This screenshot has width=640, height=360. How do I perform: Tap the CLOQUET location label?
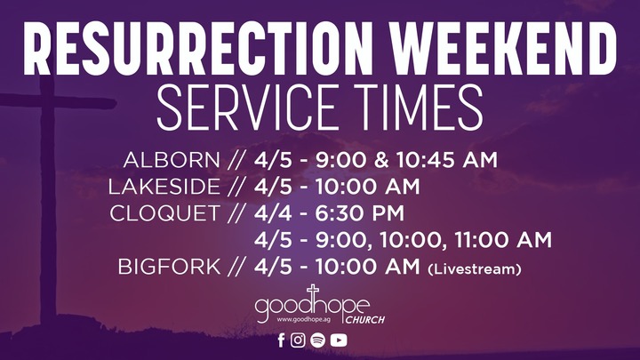point(166,214)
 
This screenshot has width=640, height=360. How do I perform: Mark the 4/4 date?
point(270,214)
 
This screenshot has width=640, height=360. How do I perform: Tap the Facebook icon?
point(282,340)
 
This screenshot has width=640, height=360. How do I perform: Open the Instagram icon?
point(299,340)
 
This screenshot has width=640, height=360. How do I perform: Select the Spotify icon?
point(318,340)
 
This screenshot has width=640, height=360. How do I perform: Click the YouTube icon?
point(339,340)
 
